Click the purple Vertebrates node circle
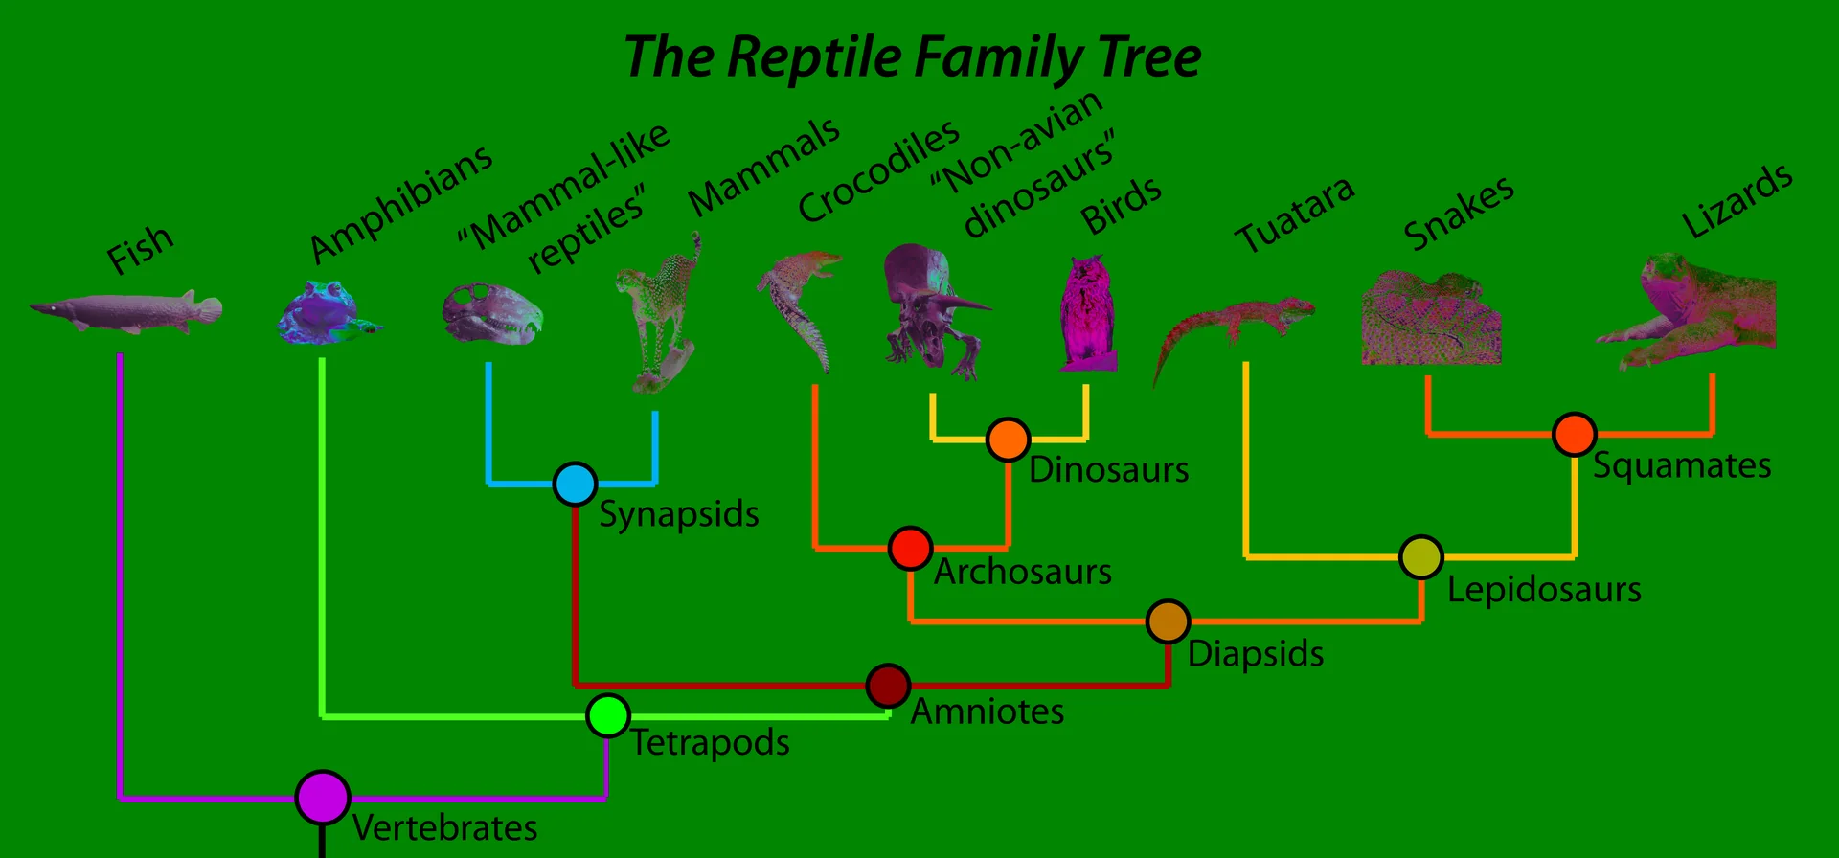[x=322, y=797]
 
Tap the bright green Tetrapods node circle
[x=608, y=715]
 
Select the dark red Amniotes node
[x=888, y=686]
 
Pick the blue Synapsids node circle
[x=575, y=484]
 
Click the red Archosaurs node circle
[x=910, y=548]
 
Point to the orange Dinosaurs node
[x=1008, y=440]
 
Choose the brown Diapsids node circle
[x=1168, y=621]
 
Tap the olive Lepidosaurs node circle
[x=1421, y=556]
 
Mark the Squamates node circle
[x=1574, y=434]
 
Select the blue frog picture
[x=326, y=312]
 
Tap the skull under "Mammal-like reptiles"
[x=492, y=314]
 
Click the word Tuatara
[x=1294, y=215]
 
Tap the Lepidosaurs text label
[x=1544, y=590]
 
